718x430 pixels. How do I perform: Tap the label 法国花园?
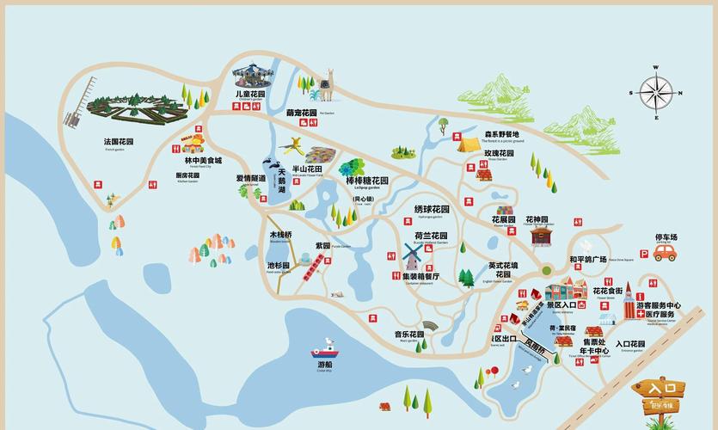(x=119, y=141)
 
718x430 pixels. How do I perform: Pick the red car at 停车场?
(x=666, y=253)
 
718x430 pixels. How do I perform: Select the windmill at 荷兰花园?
(x=413, y=255)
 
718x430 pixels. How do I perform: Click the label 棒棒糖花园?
(x=367, y=181)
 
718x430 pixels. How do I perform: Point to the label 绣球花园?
(x=432, y=209)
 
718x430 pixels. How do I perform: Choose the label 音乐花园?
(x=409, y=335)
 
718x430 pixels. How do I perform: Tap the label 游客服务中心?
(x=658, y=305)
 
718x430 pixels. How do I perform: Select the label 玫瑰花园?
(x=499, y=153)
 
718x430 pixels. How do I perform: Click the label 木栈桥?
(x=281, y=235)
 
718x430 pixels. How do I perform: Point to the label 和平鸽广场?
(x=588, y=259)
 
